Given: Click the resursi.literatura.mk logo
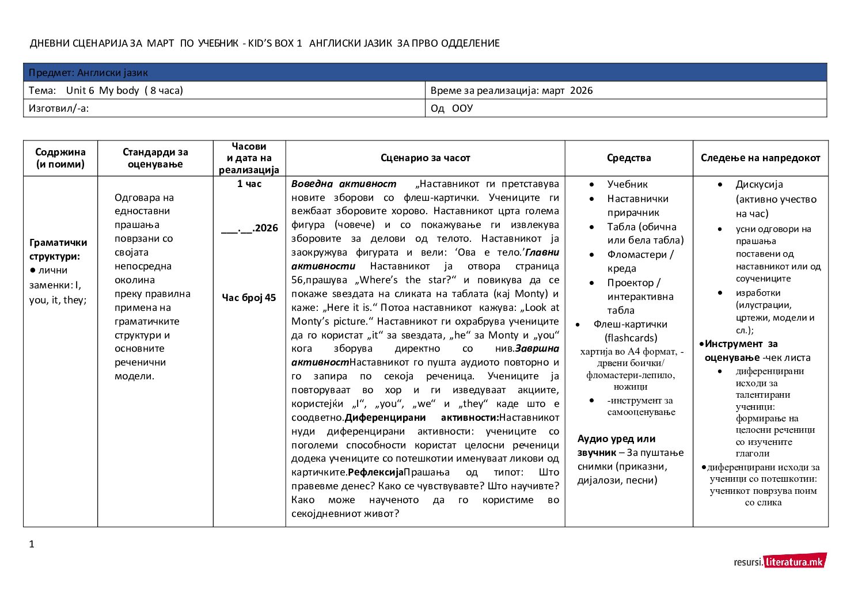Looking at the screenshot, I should click(780, 562).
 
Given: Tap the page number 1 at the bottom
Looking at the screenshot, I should click(32, 544).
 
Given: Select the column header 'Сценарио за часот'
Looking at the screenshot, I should click(425, 158).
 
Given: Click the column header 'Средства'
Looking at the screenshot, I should click(629, 158).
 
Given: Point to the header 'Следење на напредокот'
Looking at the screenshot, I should click(760, 158).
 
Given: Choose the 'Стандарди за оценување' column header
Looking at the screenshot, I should click(155, 158).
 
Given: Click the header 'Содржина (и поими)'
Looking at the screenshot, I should click(60, 158).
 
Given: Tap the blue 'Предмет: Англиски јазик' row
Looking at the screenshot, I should click(425, 73).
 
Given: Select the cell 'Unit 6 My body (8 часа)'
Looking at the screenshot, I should click(124, 90).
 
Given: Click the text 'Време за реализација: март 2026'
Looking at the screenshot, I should click(511, 90).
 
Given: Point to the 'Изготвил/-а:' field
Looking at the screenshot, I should click(59, 108).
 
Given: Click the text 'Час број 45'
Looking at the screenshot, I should click(249, 298).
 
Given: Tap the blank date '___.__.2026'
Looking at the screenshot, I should click(249, 229).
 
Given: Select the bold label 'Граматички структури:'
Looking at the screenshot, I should click(58, 249).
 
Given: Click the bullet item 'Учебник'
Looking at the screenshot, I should click(627, 184).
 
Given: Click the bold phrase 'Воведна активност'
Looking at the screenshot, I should click(344, 184).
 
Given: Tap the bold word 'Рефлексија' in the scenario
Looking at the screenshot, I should click(375, 473).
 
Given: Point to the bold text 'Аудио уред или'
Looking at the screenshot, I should click(616, 439).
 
